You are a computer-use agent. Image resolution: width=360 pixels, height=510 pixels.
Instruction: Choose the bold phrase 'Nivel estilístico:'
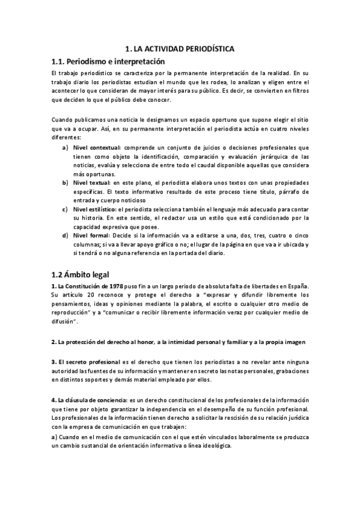pos(95,209)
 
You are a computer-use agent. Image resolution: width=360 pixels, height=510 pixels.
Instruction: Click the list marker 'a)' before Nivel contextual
pos(66,147)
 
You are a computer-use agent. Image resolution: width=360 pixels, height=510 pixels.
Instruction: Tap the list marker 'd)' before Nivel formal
pos(66,235)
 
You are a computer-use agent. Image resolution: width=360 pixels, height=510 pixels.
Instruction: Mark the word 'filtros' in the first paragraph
pos(297,91)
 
